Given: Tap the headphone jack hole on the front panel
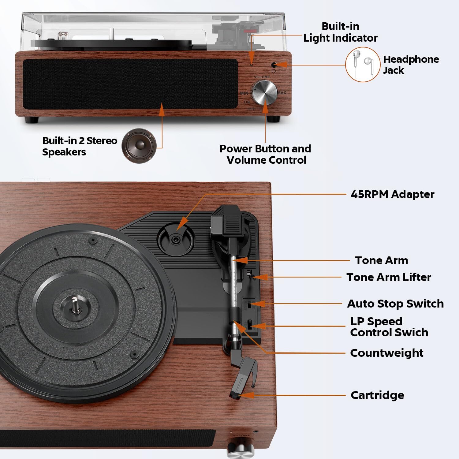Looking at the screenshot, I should coord(274,65).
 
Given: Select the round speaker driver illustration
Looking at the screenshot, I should coord(139,145).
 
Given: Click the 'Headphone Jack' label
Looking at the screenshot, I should coord(411,65).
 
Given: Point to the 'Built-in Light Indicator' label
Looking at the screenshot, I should coord(340,32).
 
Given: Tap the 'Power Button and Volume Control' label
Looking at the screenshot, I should coord(265,154).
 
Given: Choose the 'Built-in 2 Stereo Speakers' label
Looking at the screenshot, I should coord(80,146).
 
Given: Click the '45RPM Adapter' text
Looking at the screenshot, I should coord(392,194).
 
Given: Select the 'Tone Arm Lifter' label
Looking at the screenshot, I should coord(389,277).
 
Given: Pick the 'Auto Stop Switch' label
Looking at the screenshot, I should coord(395,304).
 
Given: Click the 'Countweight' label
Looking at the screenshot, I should coord(386,353).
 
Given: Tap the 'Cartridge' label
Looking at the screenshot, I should coord(377,395).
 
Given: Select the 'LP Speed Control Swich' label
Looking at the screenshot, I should coord(389,327).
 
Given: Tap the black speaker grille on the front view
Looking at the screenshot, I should coord(130,83).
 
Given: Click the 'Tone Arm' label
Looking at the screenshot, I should coord(382,260).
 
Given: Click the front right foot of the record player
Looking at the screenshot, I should coord(273,119).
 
